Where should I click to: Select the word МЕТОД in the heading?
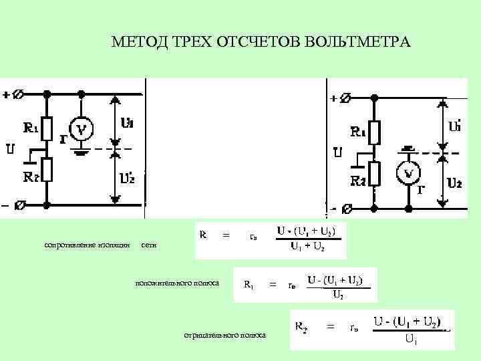[133, 43]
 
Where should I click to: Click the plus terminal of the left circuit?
[20, 94]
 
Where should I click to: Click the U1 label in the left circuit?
[127, 123]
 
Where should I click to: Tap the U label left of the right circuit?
[337, 153]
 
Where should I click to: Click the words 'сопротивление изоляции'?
[87, 245]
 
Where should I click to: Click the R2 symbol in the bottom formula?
[301, 327]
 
